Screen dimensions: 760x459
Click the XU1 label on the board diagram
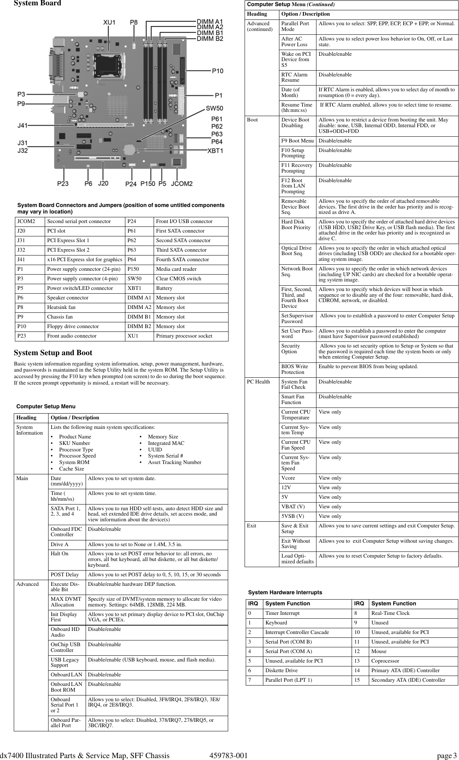click(x=109, y=23)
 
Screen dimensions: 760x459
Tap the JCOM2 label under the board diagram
click(x=182, y=184)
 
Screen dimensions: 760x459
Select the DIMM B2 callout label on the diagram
click(x=210, y=39)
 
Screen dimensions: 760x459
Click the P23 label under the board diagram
click(x=63, y=184)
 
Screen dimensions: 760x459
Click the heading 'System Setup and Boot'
click(x=53, y=353)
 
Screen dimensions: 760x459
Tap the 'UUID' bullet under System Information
click(x=155, y=450)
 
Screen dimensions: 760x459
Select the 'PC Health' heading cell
click(x=258, y=382)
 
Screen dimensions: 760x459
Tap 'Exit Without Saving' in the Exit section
click(x=296, y=543)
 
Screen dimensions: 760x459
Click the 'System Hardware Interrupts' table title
click(x=285, y=592)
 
